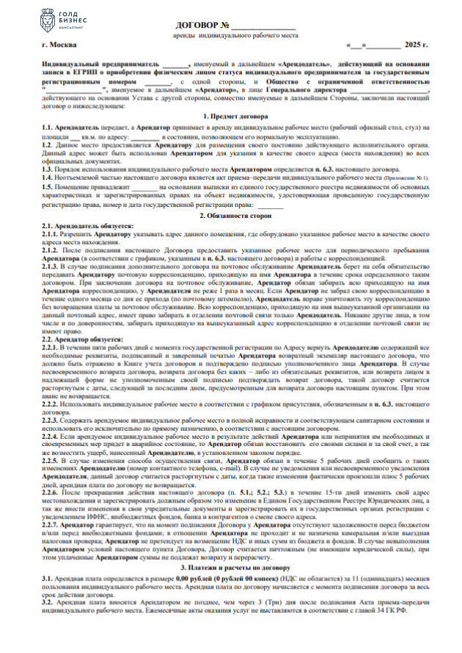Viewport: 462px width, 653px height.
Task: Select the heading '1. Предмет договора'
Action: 231,118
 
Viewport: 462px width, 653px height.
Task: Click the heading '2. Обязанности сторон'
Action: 231,216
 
